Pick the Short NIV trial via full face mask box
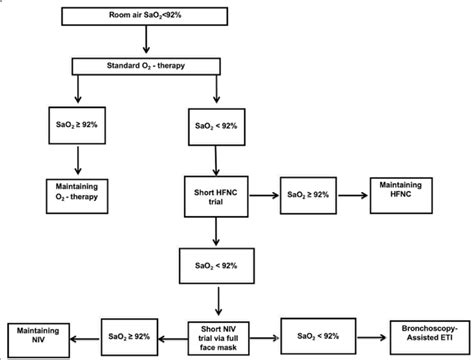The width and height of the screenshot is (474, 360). pos(217,334)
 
